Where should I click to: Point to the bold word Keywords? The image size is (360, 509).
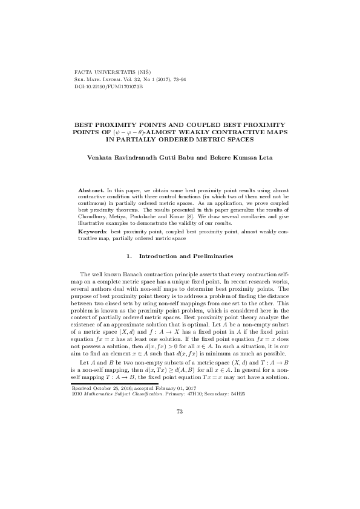94,232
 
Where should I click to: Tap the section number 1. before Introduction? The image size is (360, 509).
128,256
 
